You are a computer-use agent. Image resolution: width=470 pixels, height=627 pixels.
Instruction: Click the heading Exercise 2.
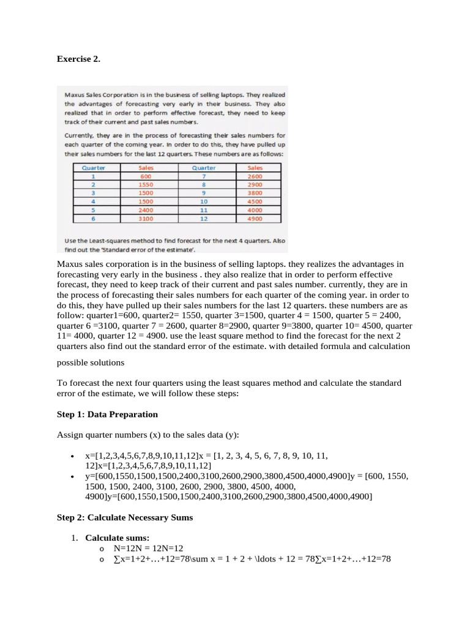(78, 59)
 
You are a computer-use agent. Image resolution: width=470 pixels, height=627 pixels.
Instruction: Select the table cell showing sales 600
(146, 176)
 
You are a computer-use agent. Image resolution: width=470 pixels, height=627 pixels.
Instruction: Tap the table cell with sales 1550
(146, 184)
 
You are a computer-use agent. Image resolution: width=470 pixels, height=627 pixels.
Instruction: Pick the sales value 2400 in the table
(146, 209)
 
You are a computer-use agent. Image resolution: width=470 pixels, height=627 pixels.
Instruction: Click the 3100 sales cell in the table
(146, 217)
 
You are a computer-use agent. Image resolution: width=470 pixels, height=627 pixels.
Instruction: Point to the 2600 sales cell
(255, 176)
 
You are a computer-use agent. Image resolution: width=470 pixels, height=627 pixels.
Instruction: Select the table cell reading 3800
(255, 193)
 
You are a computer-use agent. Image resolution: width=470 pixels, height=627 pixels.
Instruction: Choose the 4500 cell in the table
(255, 201)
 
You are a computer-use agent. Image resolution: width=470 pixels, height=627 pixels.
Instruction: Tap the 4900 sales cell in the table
(255, 217)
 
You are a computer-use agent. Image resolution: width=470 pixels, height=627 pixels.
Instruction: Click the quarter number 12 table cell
(204, 217)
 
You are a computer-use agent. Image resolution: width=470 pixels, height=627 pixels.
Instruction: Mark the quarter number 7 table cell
(204, 176)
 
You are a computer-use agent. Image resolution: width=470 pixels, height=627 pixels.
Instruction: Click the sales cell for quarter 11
(255, 209)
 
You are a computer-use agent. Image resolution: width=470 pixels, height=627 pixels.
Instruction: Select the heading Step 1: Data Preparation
(107, 415)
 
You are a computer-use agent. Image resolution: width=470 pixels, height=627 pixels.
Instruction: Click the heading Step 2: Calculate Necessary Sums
(125, 517)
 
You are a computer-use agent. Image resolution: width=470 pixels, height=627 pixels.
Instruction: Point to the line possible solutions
(91, 362)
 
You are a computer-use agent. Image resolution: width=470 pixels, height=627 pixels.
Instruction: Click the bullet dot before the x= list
(73, 456)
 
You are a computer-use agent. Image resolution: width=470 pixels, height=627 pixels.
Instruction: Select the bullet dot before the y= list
(73, 476)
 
